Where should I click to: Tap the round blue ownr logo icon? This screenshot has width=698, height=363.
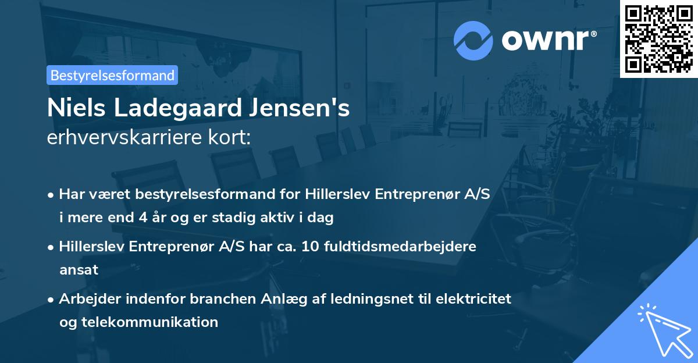pyautogui.click(x=473, y=40)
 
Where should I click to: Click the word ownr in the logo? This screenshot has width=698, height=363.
pyautogui.click(x=549, y=40)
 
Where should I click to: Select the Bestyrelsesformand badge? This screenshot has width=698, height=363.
pyautogui.click(x=112, y=75)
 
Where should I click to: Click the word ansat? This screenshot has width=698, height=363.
pyautogui.click(x=79, y=269)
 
